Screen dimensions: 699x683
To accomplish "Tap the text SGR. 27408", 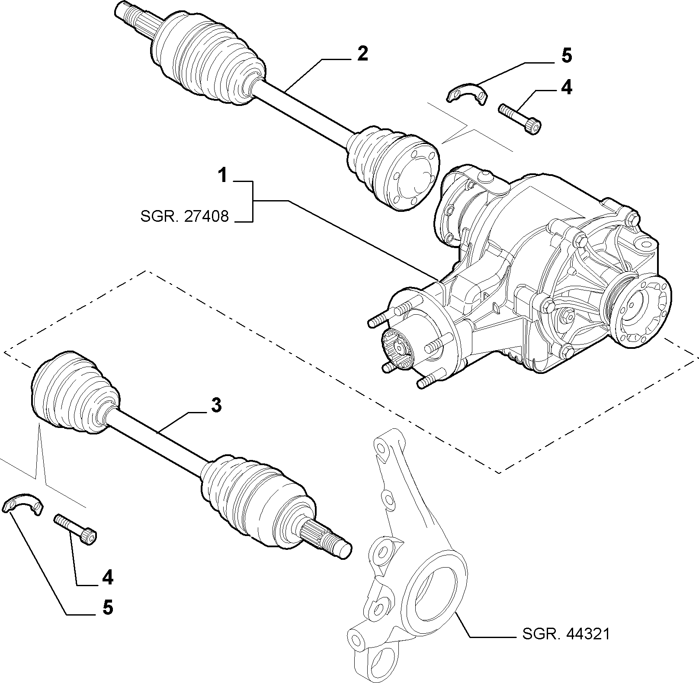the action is [185, 216].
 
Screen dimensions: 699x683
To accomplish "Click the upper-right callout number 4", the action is [566, 88].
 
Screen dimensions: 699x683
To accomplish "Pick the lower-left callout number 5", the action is [107, 607].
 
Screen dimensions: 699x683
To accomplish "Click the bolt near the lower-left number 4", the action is [75, 527].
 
